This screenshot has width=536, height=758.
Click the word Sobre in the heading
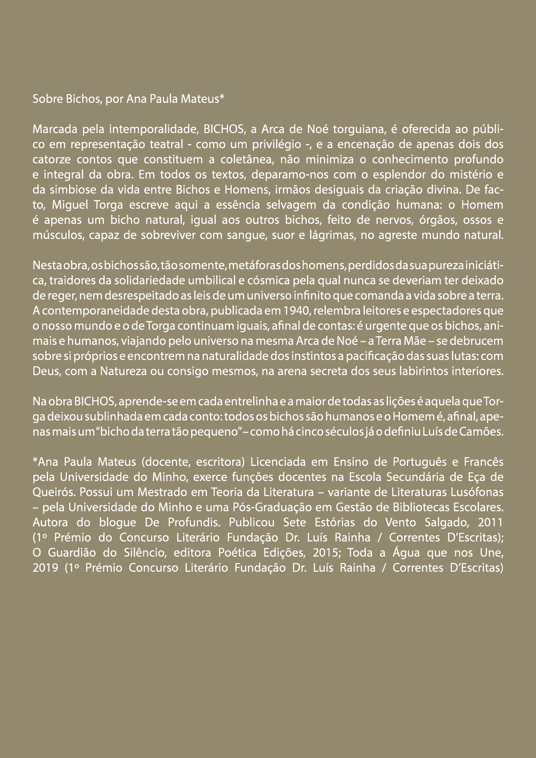pos(45,99)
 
